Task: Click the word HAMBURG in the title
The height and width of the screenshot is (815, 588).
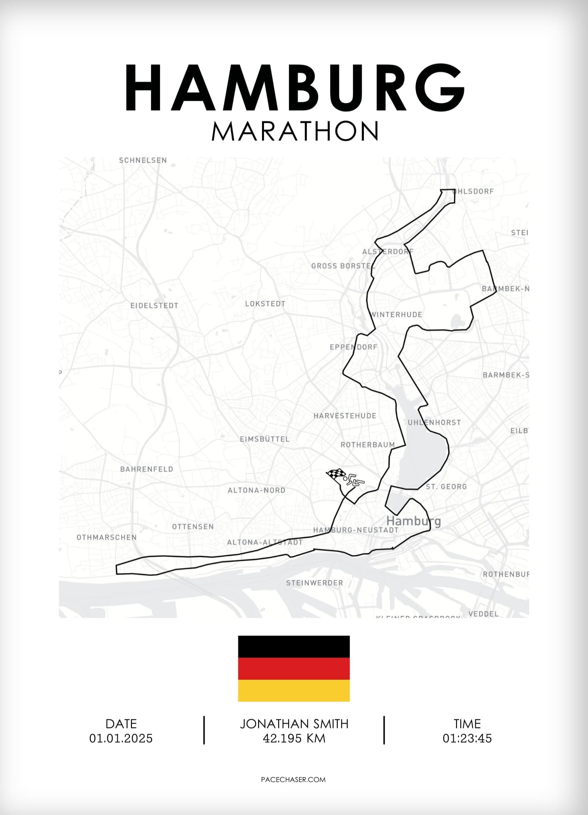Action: pos(294,88)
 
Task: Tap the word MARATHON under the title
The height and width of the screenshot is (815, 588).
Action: pos(295,131)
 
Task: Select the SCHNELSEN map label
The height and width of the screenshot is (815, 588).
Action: pos(143,160)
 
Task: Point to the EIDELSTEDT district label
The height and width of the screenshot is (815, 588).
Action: pos(154,305)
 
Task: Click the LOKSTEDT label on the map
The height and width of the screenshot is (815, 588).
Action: pos(265,304)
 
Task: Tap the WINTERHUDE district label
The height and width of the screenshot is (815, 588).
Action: pos(397,315)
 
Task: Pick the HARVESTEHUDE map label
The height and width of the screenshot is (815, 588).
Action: pos(345,416)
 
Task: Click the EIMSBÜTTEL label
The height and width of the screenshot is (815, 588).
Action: pos(264,439)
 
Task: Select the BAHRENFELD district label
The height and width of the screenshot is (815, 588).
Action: pos(146,469)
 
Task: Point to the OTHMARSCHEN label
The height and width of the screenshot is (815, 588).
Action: pos(106,538)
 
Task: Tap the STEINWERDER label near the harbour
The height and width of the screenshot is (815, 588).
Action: pos(314,583)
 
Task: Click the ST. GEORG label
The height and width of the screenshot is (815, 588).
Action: pos(446,486)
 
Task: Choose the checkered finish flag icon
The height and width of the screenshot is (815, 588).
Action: pos(336,474)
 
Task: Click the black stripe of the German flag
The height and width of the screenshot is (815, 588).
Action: pos(294,647)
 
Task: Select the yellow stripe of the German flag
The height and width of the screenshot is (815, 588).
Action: pos(294,691)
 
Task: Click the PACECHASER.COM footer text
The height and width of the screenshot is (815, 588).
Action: pos(294,780)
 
